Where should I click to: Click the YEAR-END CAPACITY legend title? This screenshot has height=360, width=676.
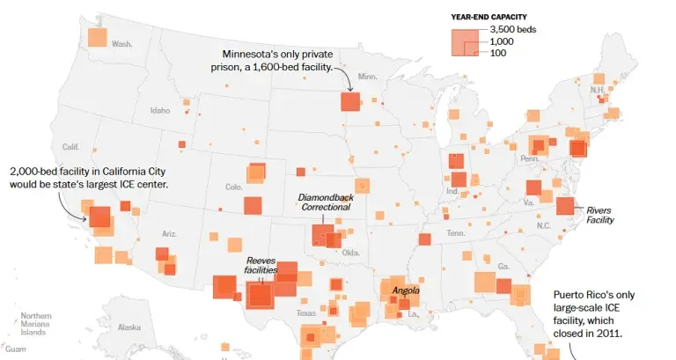coord(490,17)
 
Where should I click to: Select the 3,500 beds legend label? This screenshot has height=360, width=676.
coord(513,30)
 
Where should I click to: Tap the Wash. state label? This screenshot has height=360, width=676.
coord(121,43)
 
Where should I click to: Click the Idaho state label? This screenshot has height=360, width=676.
coord(160,110)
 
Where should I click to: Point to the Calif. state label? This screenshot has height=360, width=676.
coord(70,146)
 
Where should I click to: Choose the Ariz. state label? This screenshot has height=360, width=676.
coord(169,233)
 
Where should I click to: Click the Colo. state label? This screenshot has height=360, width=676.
coord(233,187)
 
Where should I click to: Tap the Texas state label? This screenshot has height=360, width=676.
coord(305,313)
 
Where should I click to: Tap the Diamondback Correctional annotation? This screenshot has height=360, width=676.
coord(325,202)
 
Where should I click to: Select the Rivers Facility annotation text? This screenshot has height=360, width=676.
coord(601,215)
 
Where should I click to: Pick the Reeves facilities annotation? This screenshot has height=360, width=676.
coord(261,265)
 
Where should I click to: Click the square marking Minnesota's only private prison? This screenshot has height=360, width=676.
coord(349,102)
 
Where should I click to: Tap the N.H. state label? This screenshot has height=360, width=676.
coord(598,89)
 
